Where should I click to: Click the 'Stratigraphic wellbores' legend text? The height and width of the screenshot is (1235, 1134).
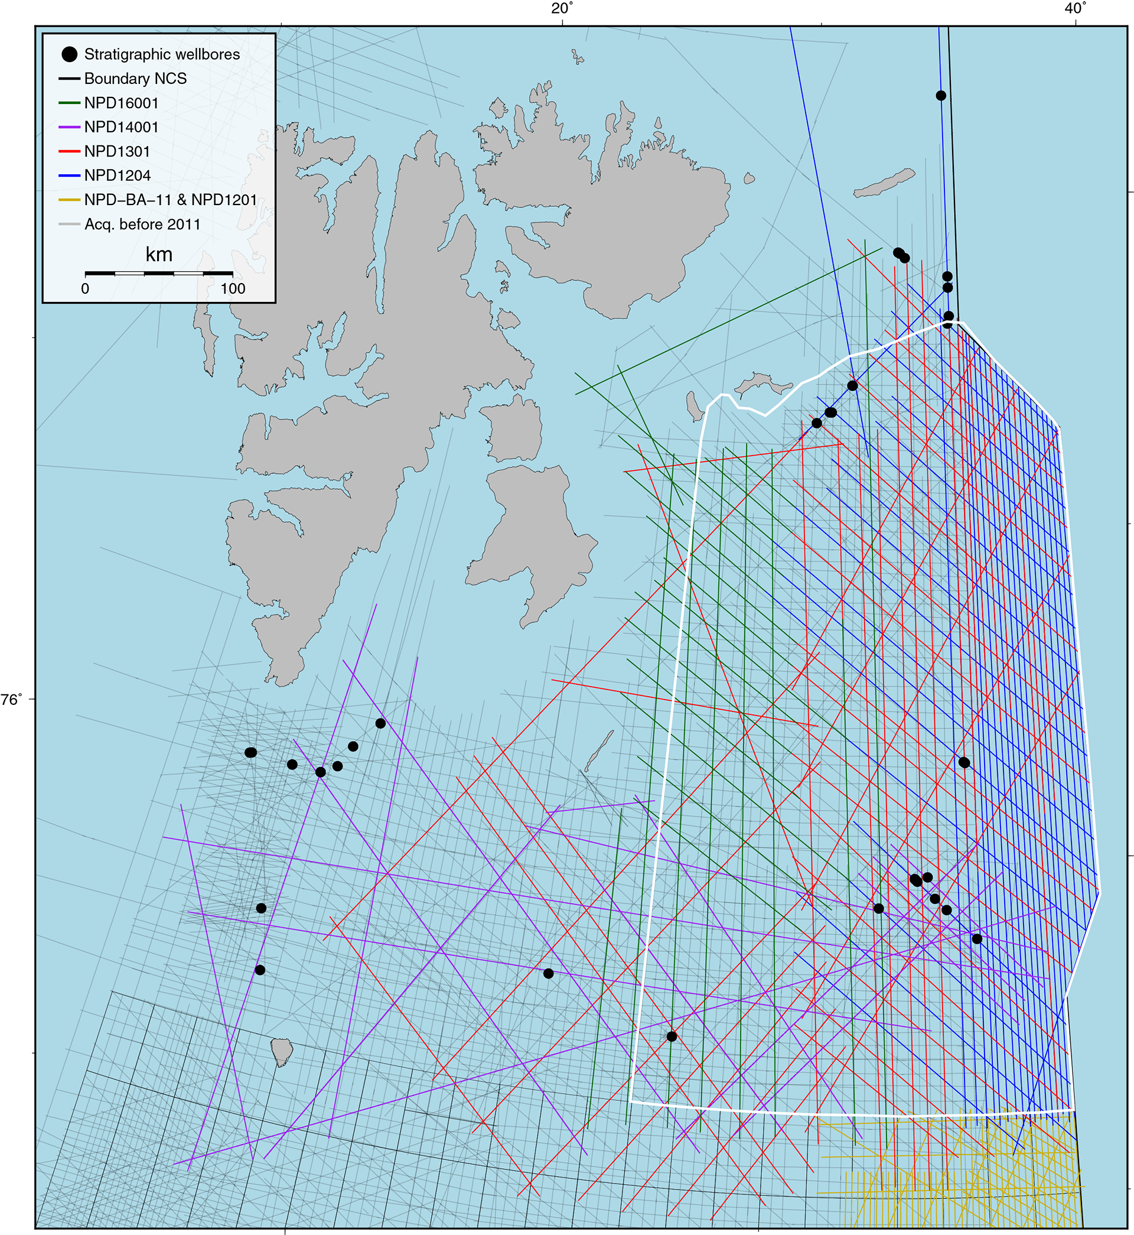162,54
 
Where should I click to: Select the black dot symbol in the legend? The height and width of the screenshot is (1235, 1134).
70,54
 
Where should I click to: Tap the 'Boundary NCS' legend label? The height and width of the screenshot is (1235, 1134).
135,79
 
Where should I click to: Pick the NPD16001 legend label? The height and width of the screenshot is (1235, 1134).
122,103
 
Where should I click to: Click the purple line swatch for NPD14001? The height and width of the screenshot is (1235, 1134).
69,127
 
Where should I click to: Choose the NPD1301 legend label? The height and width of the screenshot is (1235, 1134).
117,152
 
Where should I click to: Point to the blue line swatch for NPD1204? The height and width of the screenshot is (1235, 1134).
69,175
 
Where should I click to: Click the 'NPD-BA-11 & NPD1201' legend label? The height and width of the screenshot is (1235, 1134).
171,200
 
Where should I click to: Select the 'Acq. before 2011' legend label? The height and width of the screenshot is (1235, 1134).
142,225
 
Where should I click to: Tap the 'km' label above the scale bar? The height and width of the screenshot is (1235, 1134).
159,255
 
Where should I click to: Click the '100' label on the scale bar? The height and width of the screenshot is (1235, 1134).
233,289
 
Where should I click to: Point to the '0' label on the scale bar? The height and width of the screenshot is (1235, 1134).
85,289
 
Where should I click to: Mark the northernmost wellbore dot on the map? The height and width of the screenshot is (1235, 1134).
941,96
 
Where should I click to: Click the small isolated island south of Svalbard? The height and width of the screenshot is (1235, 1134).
282,1051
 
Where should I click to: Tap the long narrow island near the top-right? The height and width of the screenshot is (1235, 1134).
884,184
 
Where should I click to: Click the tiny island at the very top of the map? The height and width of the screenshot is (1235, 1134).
578,58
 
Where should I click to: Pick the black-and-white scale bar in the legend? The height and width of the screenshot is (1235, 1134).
159,272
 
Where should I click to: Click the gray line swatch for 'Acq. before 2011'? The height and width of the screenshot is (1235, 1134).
69,225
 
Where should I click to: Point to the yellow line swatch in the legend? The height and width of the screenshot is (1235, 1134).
69,200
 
